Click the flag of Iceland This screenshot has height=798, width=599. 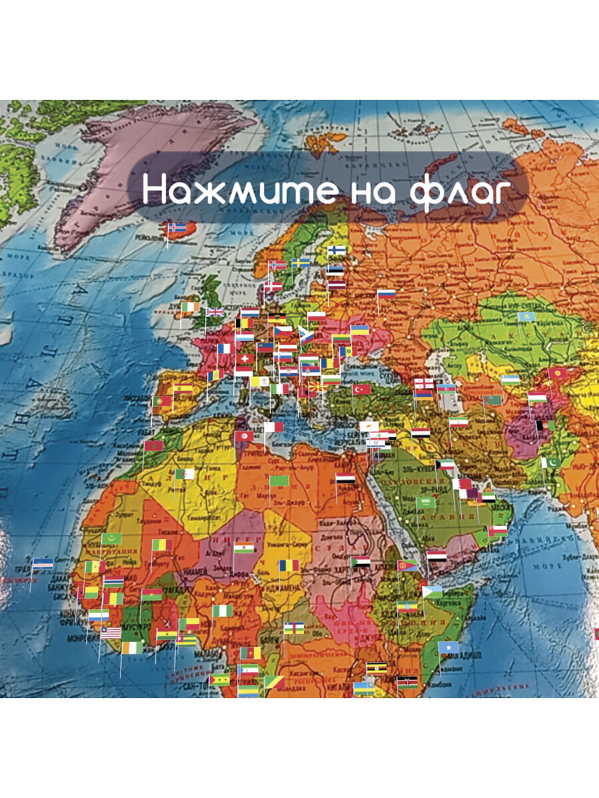pyautogui.click(x=176, y=227)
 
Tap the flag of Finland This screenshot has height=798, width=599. pyautogui.click(x=336, y=251)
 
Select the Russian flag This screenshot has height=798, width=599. pyautogui.click(x=386, y=293)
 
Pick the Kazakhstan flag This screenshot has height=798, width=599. pyautogui.click(x=526, y=317)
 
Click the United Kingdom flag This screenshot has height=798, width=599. pyautogui.click(x=215, y=312)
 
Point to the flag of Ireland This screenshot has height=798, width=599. pyautogui.click(x=190, y=307)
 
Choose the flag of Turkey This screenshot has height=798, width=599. pyautogui.click(x=361, y=389)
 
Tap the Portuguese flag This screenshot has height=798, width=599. pyautogui.click(x=162, y=402)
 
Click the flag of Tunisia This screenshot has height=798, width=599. pyautogui.click(x=244, y=436)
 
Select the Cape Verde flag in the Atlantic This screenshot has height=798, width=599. pyautogui.click(x=43, y=563)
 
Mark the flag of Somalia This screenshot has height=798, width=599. pyautogui.click(x=448, y=646)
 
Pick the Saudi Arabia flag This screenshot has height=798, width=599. pyautogui.click(x=426, y=501)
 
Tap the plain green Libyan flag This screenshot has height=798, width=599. pyautogui.click(x=279, y=480)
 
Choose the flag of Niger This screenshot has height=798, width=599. pyautogui.click(x=244, y=548)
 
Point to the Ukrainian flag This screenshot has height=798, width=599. pyautogui.click(x=360, y=331)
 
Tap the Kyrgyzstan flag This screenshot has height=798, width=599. pyautogui.click(x=558, y=373)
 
